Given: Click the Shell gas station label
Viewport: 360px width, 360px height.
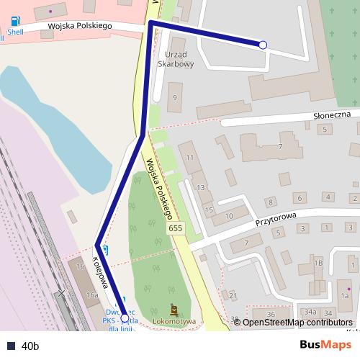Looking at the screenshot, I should coord(14,32).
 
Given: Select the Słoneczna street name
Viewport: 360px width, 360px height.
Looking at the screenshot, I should coord(331,114).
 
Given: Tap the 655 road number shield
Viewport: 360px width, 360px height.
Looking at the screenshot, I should coord(175,228).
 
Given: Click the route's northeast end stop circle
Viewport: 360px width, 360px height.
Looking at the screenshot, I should coord(263,45).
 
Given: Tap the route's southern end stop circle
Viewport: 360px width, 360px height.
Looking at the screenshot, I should coord(125,318).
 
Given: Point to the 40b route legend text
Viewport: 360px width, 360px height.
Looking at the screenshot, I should coord(30,346).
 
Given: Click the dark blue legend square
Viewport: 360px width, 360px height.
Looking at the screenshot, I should coord(11,346).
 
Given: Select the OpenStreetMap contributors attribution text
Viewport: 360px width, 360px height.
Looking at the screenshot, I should coord(297,323).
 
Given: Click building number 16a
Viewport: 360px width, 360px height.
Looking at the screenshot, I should coord(91,295).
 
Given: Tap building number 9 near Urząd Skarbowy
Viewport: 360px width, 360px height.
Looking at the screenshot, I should coord(174,96).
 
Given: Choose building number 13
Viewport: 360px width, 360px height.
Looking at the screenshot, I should coord(201,188).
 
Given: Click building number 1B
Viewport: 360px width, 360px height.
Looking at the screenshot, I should coord(318,264).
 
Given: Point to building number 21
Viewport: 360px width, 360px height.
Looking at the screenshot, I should coord(232,295).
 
